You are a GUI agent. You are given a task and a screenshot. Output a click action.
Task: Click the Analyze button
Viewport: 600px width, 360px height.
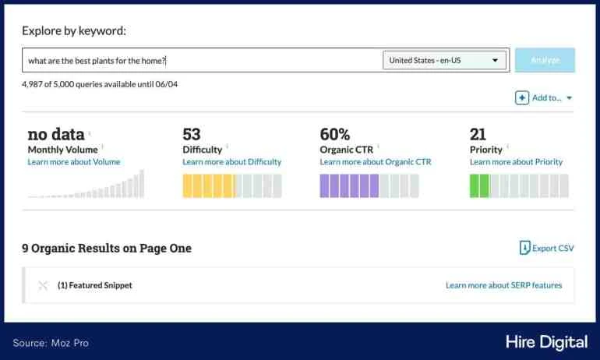[x=545, y=60]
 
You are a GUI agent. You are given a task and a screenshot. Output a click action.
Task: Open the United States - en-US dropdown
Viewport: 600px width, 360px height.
[x=444, y=60]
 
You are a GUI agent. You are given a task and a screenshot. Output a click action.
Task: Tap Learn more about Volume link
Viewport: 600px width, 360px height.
[x=74, y=162]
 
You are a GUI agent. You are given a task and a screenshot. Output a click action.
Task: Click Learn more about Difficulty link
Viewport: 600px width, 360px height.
[x=231, y=162]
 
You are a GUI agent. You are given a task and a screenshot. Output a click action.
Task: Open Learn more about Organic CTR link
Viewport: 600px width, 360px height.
[x=375, y=162]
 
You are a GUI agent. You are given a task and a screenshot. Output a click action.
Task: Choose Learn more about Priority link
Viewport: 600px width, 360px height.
[x=516, y=162]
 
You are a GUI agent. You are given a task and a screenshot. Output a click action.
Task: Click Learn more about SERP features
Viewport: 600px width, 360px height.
[x=503, y=285]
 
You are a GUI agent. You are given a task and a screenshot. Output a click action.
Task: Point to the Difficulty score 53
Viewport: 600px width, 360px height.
[x=192, y=134]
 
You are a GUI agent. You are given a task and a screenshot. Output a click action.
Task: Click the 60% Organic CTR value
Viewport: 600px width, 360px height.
[x=335, y=134]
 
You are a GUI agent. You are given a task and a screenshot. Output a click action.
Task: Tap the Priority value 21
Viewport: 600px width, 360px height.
[x=478, y=134]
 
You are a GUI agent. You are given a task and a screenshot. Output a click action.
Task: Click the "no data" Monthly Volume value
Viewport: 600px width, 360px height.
[x=55, y=134]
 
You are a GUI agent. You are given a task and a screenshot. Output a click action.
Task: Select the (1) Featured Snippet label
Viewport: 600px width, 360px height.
[x=95, y=285]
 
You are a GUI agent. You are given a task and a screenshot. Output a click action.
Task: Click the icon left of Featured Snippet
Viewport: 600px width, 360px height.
[x=43, y=285]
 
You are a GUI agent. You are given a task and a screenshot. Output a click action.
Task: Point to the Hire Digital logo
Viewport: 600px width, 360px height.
[x=544, y=342]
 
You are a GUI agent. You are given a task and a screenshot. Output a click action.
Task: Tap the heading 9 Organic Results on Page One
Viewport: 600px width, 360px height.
[x=107, y=248]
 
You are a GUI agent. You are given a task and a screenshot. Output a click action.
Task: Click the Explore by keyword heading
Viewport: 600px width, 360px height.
[x=74, y=31]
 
